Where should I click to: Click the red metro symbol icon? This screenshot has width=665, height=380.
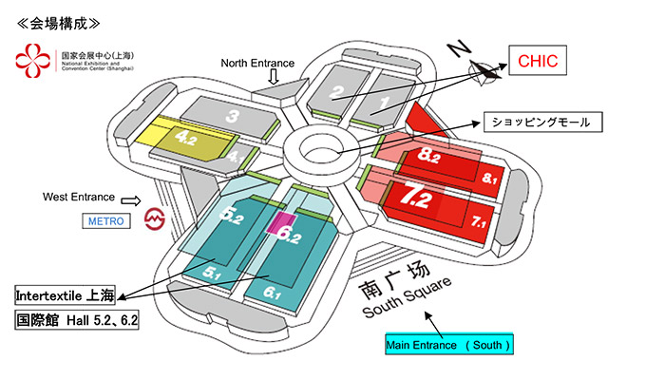click(x=154, y=222)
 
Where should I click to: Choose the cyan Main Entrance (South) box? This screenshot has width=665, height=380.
click(x=450, y=344)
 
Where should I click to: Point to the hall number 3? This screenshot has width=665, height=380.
click(x=231, y=117)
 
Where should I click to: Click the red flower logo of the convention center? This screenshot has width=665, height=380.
click(x=32, y=63)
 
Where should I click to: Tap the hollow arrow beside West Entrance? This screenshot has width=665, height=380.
click(x=132, y=199)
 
